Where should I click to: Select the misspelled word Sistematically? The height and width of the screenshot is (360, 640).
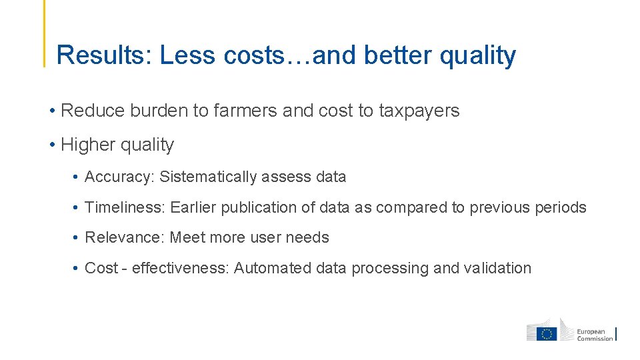tap(208, 177)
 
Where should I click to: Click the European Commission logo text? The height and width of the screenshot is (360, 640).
tap(595, 335)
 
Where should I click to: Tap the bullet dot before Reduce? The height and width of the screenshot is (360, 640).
tap(51, 111)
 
